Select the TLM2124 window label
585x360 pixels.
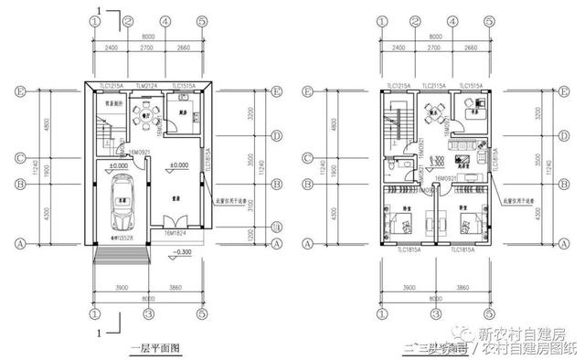pos(146,85)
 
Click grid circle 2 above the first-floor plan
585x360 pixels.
pos(128,22)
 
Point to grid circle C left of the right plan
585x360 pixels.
pos(308,156)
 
